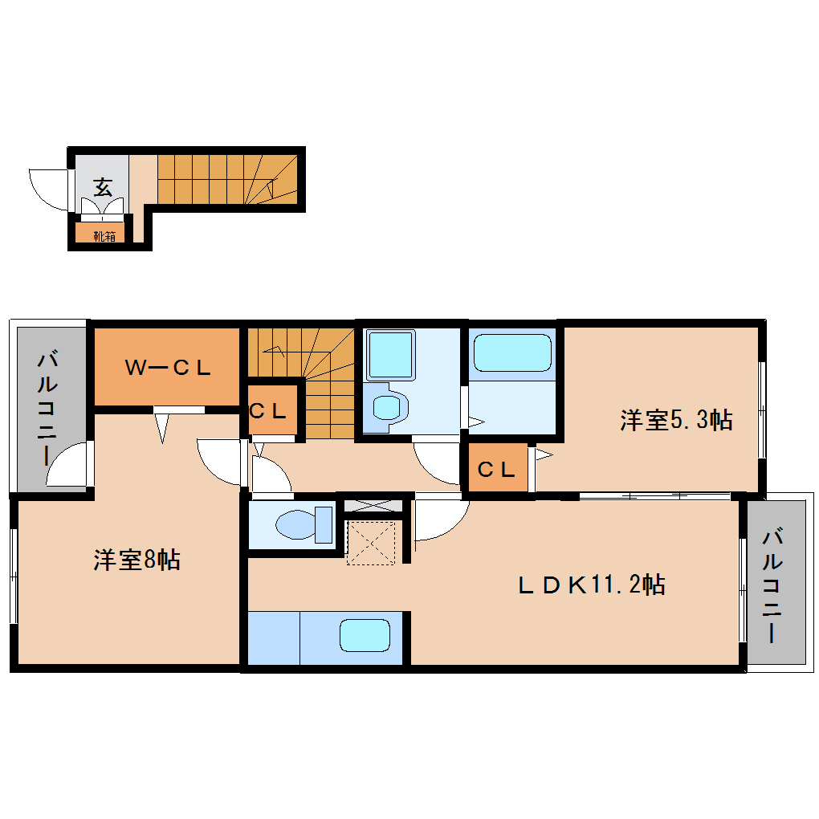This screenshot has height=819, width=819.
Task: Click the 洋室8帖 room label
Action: [136, 560]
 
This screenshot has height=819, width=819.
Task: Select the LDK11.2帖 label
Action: [591, 585]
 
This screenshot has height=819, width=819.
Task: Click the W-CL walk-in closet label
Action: [168, 368]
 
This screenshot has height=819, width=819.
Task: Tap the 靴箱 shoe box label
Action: [103, 235]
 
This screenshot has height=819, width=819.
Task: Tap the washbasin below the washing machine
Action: [387, 405]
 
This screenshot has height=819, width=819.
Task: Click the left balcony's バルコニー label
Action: [47, 407]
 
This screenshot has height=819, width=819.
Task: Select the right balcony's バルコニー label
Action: [773, 585]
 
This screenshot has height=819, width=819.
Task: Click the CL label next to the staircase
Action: [268, 412]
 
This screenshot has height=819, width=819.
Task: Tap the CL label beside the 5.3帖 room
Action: [495, 470]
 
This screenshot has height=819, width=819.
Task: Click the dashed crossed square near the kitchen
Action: [371, 543]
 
